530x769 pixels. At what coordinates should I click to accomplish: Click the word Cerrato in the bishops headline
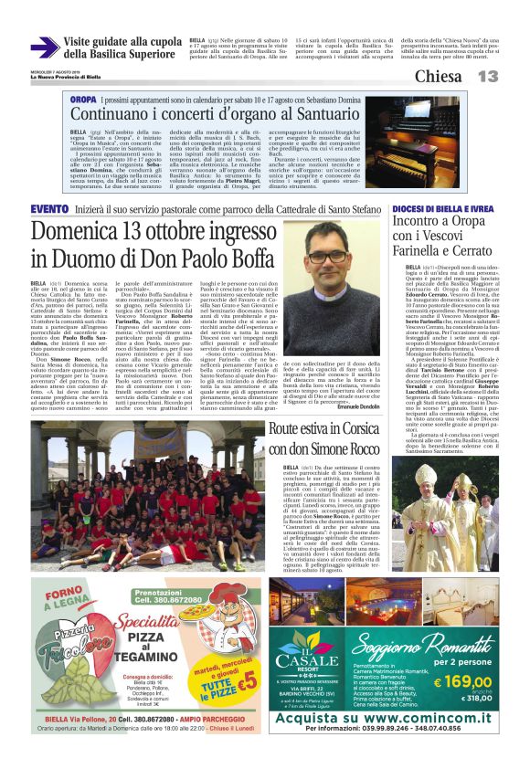[x=474, y=249]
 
